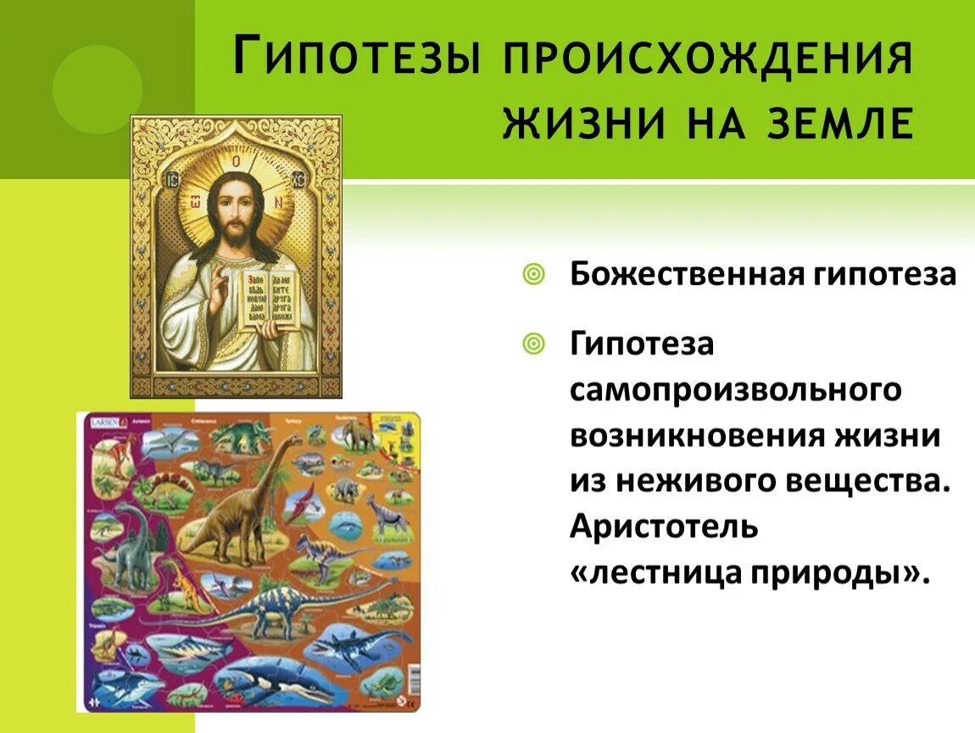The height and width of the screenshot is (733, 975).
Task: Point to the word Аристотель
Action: [664, 526]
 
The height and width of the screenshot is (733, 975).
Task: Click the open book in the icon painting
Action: [269, 299]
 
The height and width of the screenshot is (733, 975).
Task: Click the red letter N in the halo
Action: [277, 204]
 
